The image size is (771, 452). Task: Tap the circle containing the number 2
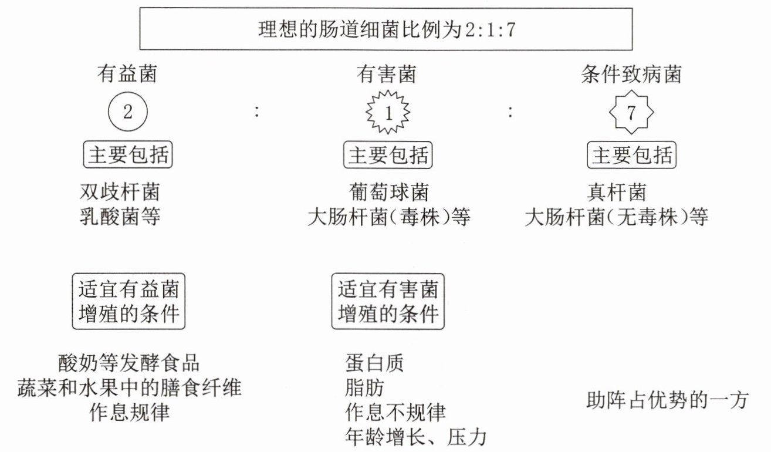point(127,112)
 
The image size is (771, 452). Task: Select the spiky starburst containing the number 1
point(387,113)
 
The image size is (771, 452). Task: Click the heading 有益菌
point(127,75)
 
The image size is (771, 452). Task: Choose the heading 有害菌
point(387,75)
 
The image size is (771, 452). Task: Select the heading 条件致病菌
point(631,75)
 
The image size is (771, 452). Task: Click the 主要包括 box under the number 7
point(631,156)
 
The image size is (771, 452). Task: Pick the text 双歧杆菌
point(119,192)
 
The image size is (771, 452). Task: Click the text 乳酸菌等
point(119,217)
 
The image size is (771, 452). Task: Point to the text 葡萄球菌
point(387,192)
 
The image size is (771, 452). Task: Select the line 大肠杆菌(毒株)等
point(389,218)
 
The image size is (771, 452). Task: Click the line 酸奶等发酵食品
point(129,362)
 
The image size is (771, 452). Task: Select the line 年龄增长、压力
point(417,437)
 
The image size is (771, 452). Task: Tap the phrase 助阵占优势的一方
point(668,400)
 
